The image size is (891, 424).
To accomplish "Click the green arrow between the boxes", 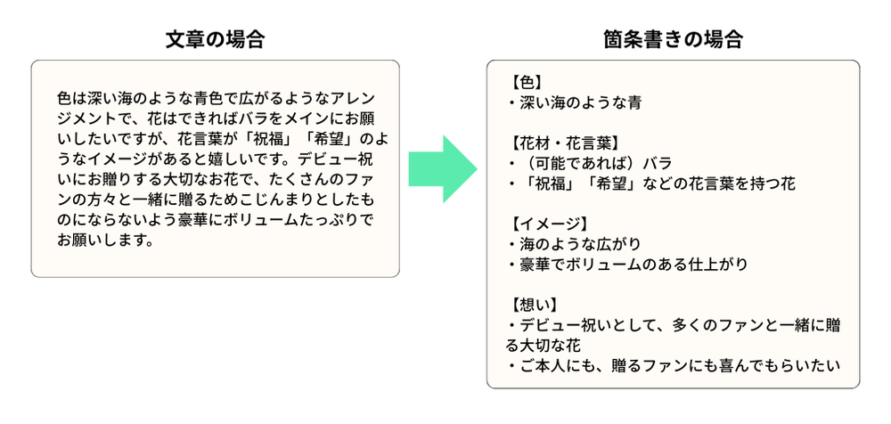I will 443,169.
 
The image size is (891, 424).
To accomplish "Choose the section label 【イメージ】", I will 550,223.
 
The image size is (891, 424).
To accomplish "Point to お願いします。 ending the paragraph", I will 104,241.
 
